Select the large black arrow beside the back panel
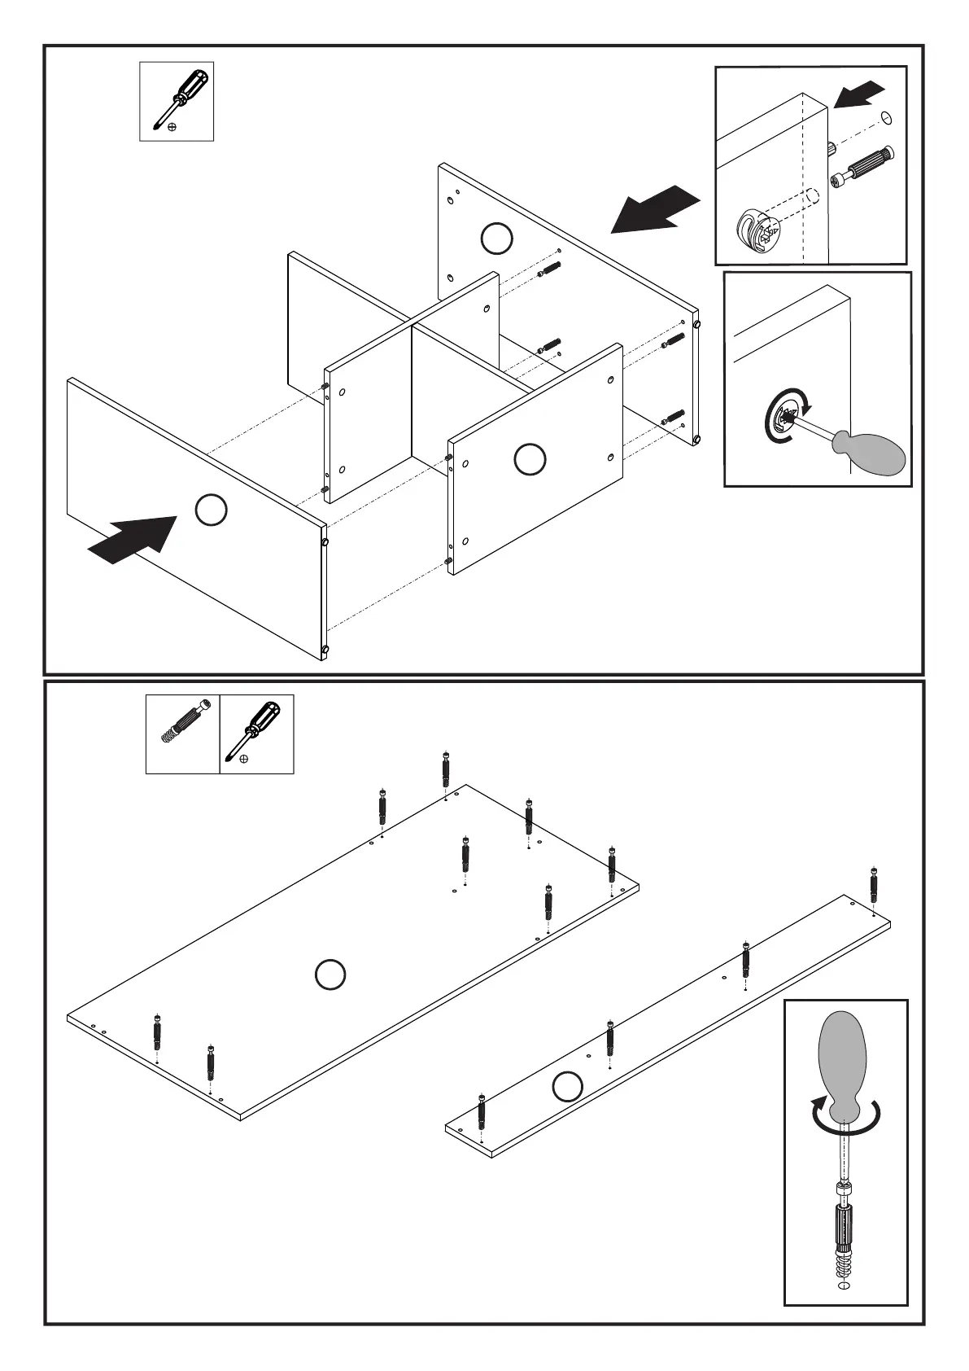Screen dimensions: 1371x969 [656, 210]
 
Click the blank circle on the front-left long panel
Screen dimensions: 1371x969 [211, 510]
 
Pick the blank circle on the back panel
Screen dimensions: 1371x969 [496, 239]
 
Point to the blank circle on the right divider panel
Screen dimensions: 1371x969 [530, 459]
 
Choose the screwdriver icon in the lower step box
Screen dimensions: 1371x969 [255, 729]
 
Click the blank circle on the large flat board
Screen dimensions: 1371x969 [330, 975]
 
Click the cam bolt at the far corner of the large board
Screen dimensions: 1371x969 [445, 769]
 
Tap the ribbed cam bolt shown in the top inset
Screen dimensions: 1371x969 [862, 169]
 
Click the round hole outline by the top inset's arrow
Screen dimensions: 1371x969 [886, 119]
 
